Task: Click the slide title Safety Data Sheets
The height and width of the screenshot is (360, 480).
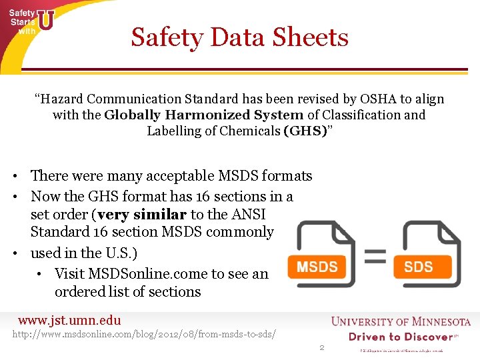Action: point(239,37)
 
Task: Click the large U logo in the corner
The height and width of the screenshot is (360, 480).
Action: point(45,20)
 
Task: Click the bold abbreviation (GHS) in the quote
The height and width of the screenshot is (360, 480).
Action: point(304,131)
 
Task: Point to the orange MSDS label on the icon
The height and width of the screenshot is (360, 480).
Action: point(317,267)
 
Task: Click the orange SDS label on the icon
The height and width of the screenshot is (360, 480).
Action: point(418,267)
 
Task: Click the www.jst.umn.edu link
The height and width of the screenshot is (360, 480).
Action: point(69,321)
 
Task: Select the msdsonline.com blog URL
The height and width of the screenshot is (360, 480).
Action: point(145,333)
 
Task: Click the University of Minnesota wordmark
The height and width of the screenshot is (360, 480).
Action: point(401,322)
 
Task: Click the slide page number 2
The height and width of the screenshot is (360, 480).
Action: point(321,347)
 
